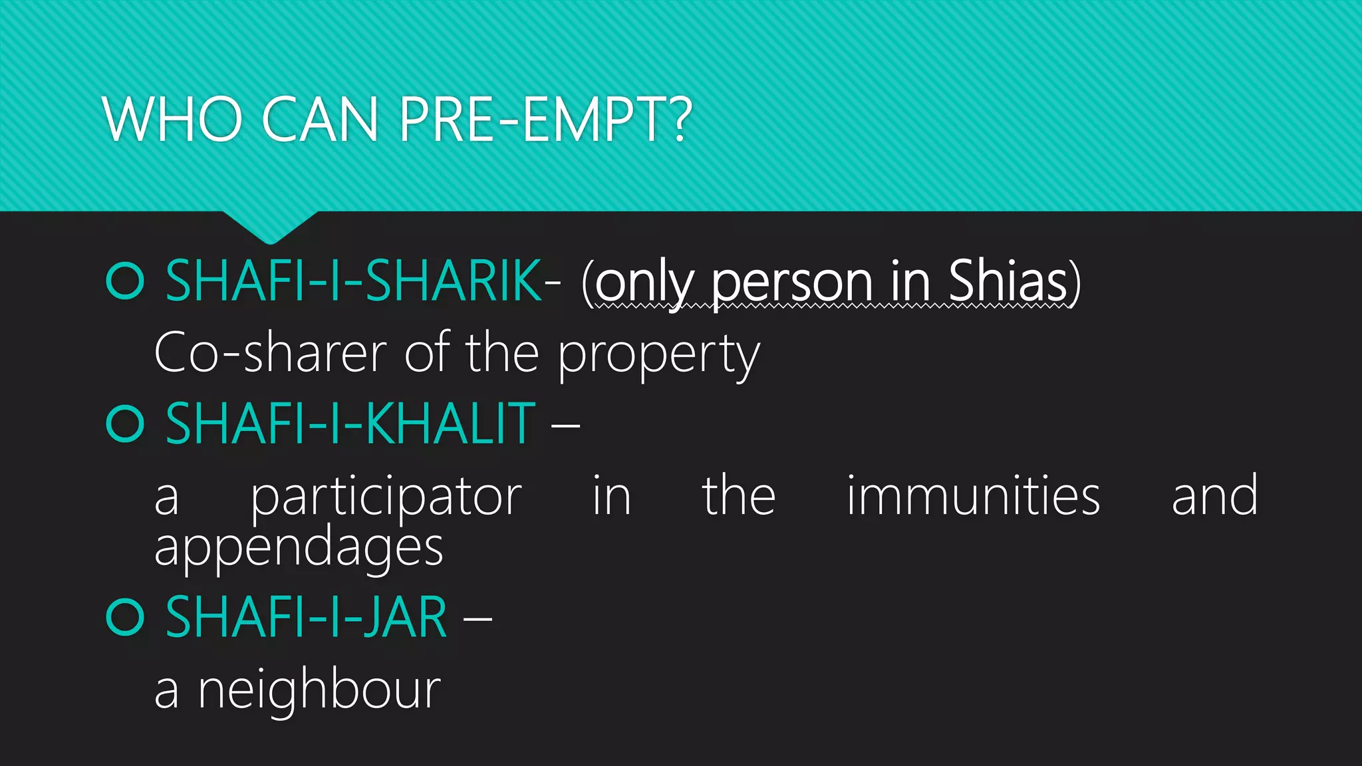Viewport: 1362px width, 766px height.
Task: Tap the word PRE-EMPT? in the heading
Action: coord(545,120)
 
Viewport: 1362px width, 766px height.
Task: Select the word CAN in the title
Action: coord(320,120)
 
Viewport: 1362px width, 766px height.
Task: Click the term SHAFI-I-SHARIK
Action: coord(353,281)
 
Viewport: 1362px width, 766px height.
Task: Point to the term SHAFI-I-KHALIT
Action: coord(350,424)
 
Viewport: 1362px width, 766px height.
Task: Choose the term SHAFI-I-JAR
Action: coord(306,618)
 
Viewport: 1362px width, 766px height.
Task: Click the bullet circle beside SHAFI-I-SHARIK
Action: coord(125,281)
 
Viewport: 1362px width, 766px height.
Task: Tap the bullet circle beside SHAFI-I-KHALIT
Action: coord(125,424)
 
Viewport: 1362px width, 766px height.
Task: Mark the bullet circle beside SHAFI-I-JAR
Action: coord(125,618)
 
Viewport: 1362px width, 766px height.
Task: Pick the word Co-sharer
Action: coord(270,353)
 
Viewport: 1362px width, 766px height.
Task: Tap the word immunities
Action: coord(973,496)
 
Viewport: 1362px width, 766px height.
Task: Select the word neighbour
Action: coord(319,690)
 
